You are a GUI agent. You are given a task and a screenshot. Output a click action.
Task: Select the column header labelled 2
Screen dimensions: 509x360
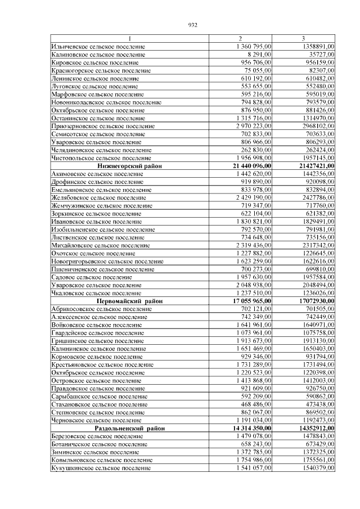pos(240,38)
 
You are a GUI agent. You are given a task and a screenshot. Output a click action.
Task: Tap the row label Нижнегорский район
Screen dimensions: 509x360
pos(129,166)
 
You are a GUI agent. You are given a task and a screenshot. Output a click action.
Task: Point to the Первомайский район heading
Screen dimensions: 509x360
pos(129,301)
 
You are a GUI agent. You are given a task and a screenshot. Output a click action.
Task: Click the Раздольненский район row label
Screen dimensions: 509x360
pos(129,428)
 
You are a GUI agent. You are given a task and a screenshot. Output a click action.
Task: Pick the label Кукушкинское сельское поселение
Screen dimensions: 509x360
pos(97,468)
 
